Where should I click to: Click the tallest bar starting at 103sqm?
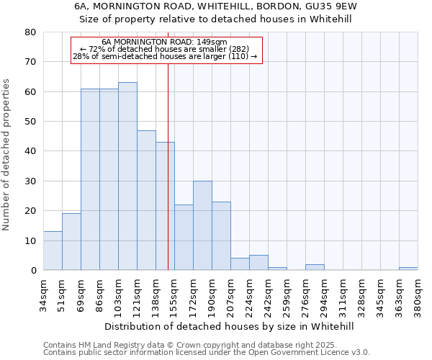(x=127, y=176)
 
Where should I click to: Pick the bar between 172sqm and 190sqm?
(x=202, y=225)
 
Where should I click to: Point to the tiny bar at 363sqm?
(x=408, y=269)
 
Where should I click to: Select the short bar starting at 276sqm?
(x=315, y=267)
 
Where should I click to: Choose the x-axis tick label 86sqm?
(x=100, y=294)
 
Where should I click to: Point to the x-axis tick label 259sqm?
(x=287, y=294)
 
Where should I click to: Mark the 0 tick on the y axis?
(x=33, y=271)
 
